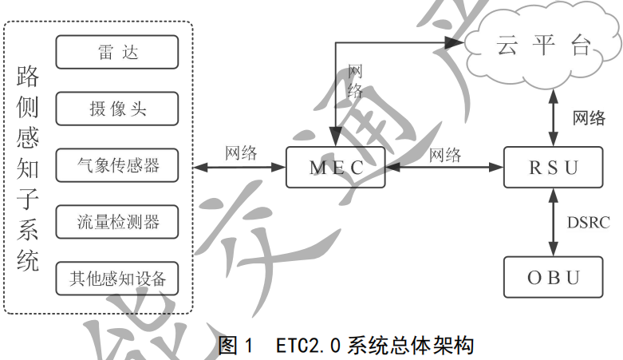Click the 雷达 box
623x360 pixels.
(x=116, y=53)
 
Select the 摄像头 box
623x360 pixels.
(x=116, y=109)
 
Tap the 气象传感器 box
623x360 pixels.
(x=116, y=165)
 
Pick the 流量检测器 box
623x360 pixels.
(x=116, y=221)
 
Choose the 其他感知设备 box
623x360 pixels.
(x=116, y=279)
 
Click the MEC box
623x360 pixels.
(x=336, y=168)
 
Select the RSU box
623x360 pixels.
(x=553, y=168)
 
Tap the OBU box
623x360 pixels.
(x=553, y=278)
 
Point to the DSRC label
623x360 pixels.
(x=587, y=222)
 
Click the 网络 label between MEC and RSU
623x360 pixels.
(x=444, y=154)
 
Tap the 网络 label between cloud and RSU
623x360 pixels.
(x=589, y=118)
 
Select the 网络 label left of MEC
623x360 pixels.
(x=241, y=153)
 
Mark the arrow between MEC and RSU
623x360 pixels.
(x=444, y=168)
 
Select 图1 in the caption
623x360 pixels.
(x=235, y=346)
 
